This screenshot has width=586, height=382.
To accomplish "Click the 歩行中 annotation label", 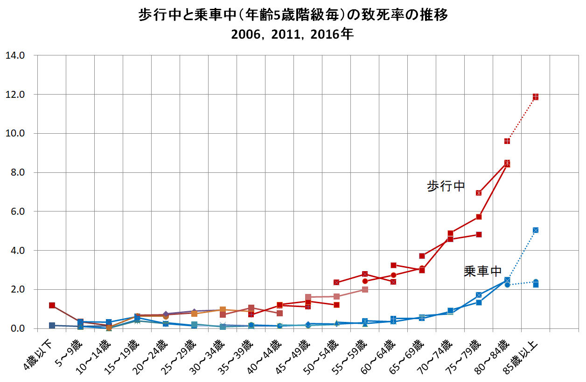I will [446, 186].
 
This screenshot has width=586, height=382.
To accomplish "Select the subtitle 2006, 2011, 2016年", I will [293, 35].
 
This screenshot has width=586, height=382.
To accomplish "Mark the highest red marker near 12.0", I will [536, 96].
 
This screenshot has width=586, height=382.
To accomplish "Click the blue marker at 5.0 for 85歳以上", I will [536, 230].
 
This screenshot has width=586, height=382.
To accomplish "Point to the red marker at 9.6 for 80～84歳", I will [507, 141].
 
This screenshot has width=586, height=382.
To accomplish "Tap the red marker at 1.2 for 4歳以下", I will [52, 305].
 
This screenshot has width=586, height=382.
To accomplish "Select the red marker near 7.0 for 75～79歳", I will [479, 193].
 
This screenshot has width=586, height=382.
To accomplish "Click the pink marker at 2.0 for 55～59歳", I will [365, 289].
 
